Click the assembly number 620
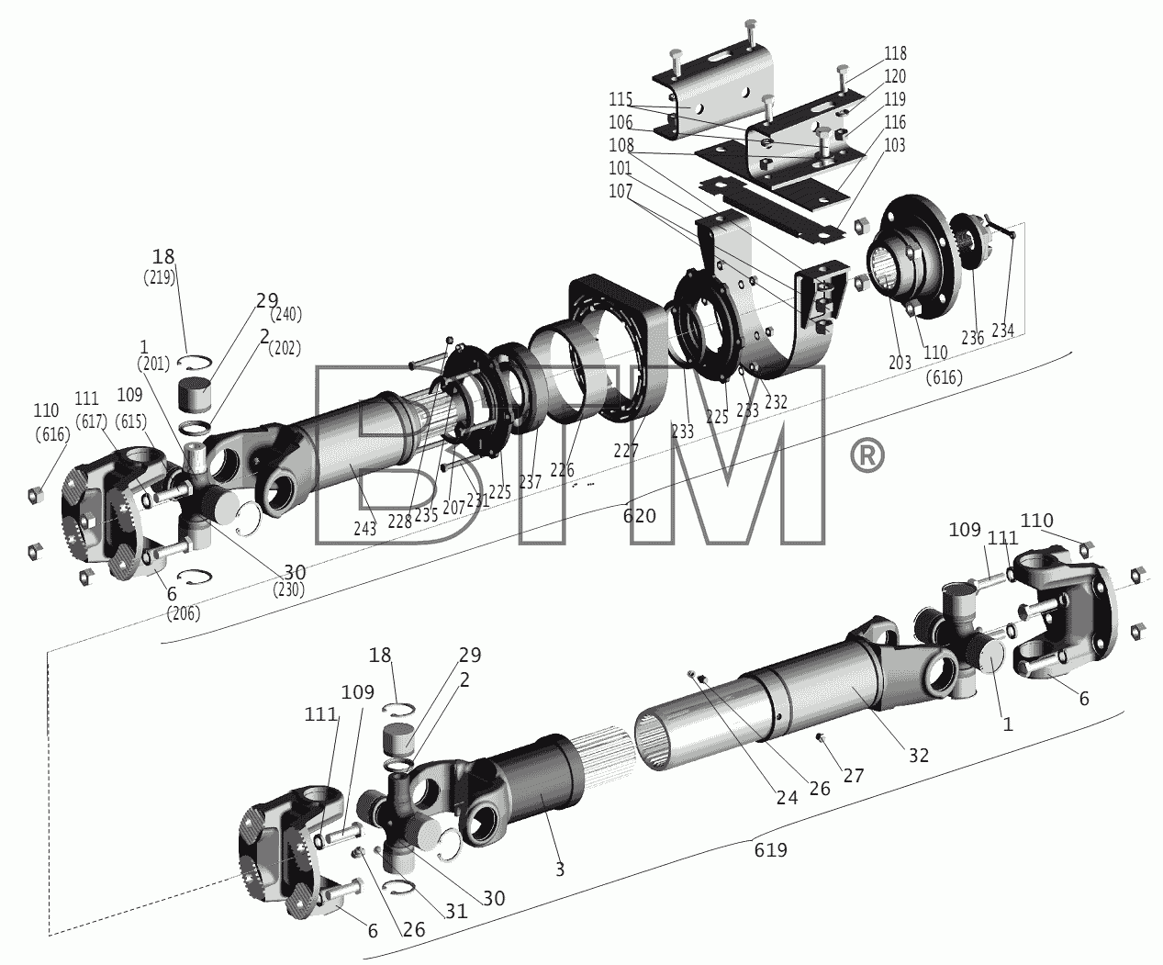click(x=639, y=517)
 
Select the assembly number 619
click(x=771, y=850)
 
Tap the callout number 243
click(x=364, y=528)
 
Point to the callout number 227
click(x=625, y=450)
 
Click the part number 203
click(x=900, y=362)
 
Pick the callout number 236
click(x=972, y=337)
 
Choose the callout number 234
click(x=1002, y=331)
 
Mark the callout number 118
click(x=895, y=53)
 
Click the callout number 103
click(x=895, y=145)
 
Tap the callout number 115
click(x=621, y=99)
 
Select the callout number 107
click(x=621, y=191)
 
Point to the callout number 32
click(x=919, y=756)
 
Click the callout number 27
click(x=853, y=776)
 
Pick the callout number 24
click(x=787, y=798)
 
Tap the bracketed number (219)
click(x=160, y=277)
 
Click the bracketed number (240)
click(x=285, y=315)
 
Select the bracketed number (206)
click(x=184, y=613)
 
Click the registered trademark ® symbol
click(x=867, y=455)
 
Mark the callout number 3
click(x=560, y=870)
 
